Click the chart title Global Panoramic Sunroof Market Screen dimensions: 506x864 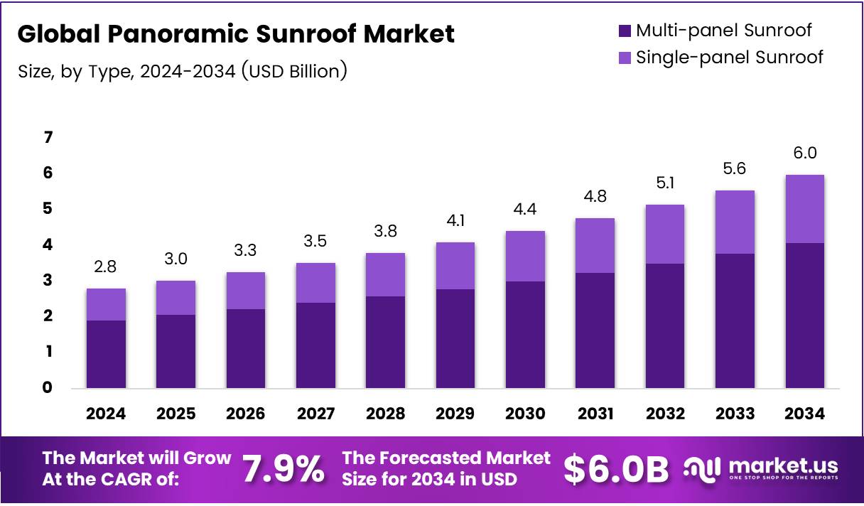(x=236, y=34)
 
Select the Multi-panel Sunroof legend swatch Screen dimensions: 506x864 (x=625, y=31)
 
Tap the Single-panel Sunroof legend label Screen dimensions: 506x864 (x=729, y=58)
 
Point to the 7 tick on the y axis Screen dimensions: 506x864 (x=48, y=137)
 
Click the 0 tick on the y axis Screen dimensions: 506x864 (x=48, y=387)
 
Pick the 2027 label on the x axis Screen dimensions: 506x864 (x=315, y=414)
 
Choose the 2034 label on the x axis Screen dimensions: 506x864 (x=804, y=414)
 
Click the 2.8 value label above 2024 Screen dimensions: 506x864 (x=105, y=267)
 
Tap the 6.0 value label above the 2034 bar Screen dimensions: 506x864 (x=804, y=154)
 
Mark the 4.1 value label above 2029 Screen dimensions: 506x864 (x=455, y=221)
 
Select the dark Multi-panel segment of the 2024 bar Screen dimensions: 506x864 (x=106, y=354)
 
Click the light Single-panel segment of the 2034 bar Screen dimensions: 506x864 (x=804, y=209)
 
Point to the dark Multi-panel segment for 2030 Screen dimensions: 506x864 (x=525, y=335)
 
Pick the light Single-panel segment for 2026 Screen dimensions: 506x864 (x=245, y=291)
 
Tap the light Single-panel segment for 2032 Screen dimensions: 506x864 (x=664, y=234)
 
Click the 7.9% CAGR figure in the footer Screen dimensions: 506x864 (x=283, y=468)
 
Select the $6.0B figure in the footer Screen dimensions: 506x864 (x=616, y=468)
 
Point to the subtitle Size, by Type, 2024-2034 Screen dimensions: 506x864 (x=182, y=71)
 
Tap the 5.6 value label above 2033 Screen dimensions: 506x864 (x=735, y=169)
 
